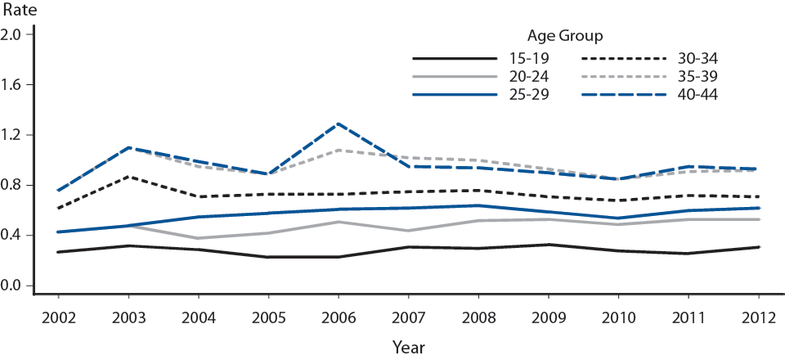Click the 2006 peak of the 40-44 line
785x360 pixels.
(x=338, y=124)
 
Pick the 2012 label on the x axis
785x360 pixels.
(x=759, y=317)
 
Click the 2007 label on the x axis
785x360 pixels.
(x=407, y=317)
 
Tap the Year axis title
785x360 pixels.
(x=407, y=347)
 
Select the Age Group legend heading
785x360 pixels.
(x=563, y=35)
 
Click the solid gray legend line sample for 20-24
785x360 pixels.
(x=455, y=76)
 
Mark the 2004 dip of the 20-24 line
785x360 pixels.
(x=197, y=238)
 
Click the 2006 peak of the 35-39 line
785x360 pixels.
(x=338, y=150)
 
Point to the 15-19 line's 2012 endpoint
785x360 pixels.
(x=759, y=247)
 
